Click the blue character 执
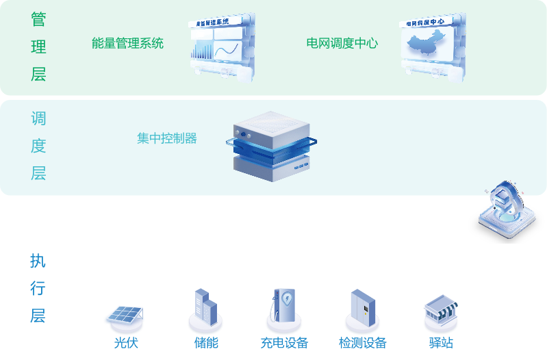coord(38,261)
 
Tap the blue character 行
coord(38,289)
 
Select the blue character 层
coord(38,316)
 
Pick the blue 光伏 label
coord(126,342)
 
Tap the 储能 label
coord(206,342)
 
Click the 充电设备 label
coord(284,342)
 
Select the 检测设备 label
coord(363,342)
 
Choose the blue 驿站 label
coord(442,342)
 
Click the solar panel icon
coord(125,315)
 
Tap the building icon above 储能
coord(205,306)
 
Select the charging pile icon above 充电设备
coord(283,306)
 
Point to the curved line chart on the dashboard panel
coord(227,50)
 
